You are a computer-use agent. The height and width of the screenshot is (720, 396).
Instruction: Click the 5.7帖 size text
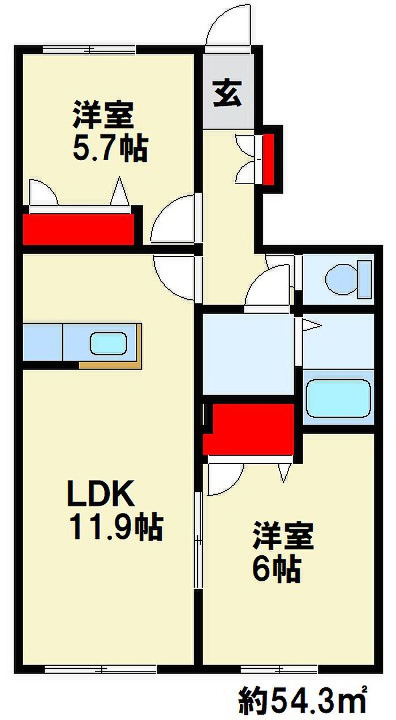pos(110,148)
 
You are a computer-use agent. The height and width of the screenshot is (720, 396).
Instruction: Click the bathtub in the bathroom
pos(338,398)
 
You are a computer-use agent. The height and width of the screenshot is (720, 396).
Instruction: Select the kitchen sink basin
pos(108,344)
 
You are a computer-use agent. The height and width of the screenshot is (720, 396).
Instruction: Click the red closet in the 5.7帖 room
pos(79,229)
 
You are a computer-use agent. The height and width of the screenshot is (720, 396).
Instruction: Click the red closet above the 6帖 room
pos(249,429)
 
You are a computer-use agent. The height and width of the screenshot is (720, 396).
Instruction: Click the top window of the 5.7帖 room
pos(89,50)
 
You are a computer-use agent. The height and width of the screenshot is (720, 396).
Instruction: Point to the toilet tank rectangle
pos(365,279)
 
